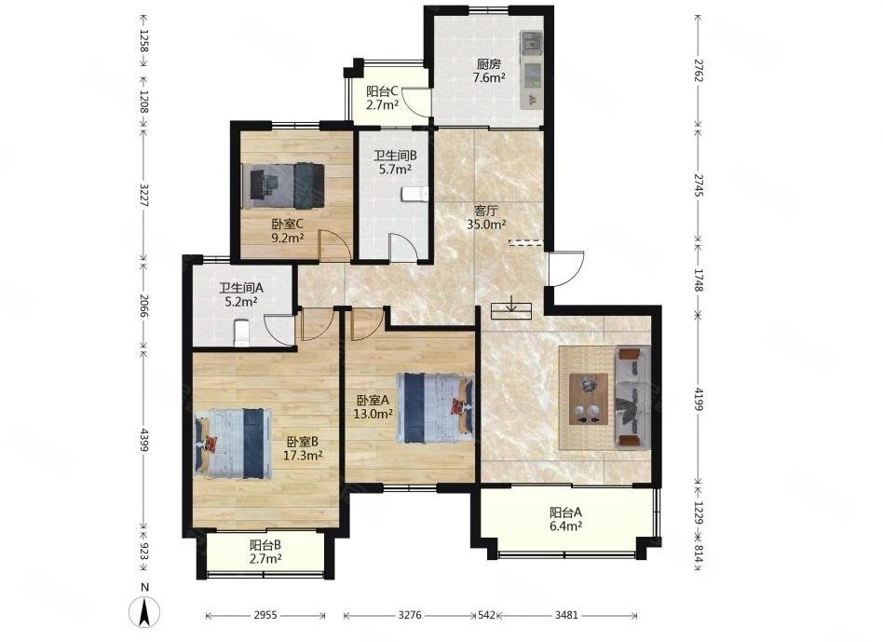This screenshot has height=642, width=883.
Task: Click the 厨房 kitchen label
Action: point(488,65)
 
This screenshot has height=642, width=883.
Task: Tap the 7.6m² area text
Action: point(489,78)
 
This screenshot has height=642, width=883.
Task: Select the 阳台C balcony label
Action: point(383,91)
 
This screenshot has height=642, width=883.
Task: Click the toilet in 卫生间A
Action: point(241,333)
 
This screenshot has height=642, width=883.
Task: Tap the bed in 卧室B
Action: point(233,444)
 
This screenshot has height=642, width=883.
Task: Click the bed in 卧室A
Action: point(435,408)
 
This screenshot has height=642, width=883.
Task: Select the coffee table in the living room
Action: point(589,398)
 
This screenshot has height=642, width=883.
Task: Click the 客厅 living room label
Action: point(485,212)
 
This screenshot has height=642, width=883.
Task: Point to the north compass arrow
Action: point(144,611)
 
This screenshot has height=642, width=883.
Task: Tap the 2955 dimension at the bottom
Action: point(265,616)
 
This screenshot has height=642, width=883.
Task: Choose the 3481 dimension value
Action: point(566,616)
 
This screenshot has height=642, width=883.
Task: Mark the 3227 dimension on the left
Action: point(143,196)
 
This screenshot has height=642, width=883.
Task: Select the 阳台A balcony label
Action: point(565,513)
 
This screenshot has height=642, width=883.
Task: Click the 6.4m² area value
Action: point(566,526)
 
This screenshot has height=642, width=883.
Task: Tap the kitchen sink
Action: point(531,42)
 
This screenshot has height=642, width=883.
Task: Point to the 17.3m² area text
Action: point(303,456)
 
